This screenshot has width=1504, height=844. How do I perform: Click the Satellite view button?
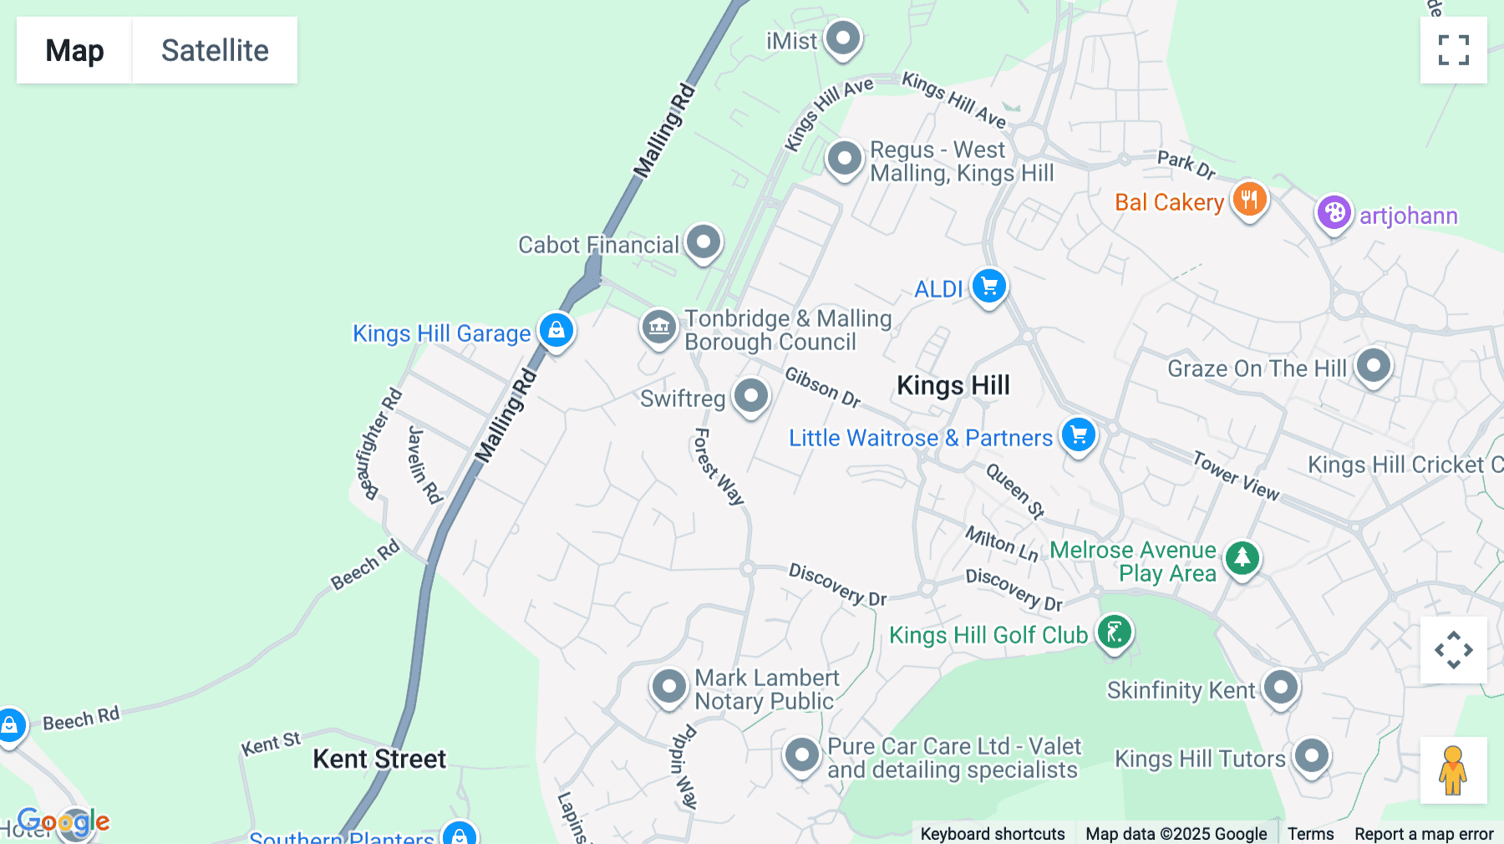215,50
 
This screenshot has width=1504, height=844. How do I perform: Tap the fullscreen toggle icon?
1453,50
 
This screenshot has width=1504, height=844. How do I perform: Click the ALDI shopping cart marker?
989,287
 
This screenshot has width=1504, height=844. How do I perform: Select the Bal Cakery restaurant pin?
1249,200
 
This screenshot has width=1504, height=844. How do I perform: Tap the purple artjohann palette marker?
1334,213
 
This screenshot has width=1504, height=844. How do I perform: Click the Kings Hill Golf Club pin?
1114,633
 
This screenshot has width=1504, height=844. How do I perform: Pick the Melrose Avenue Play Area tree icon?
1242,557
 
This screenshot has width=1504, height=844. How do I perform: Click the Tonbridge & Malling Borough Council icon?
658,327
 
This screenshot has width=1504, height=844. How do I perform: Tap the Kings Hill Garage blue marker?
556,330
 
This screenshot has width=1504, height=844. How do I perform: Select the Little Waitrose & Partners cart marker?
1078,435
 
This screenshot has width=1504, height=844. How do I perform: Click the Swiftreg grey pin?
750,396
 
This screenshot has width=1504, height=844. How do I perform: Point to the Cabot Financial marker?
704,242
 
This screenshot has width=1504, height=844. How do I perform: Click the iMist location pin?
843,38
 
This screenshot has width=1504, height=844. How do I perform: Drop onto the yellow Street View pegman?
1453,770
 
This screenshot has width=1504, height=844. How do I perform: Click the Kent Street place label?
379,759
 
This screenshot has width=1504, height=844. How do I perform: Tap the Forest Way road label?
718,466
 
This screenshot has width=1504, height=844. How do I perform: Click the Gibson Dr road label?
822,388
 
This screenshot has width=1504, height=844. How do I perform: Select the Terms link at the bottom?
1310,833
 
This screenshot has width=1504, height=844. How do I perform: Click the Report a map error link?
1424,833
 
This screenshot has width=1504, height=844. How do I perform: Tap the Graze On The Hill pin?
1373,365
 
